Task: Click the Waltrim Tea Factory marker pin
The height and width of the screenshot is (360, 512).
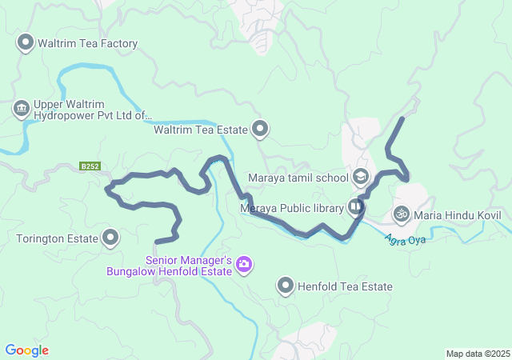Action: (25, 42)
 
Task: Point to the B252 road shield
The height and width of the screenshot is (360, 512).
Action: (90, 166)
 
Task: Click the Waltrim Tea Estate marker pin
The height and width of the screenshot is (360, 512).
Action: (260, 128)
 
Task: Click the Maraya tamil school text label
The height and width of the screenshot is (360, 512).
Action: (298, 178)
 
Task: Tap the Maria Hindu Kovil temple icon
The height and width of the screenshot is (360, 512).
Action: (401, 214)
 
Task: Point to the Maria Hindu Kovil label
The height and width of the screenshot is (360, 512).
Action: (458, 214)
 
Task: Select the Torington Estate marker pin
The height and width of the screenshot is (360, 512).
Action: (110, 238)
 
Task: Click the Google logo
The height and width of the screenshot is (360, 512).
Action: (26, 350)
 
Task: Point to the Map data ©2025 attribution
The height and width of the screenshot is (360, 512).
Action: (478, 354)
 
